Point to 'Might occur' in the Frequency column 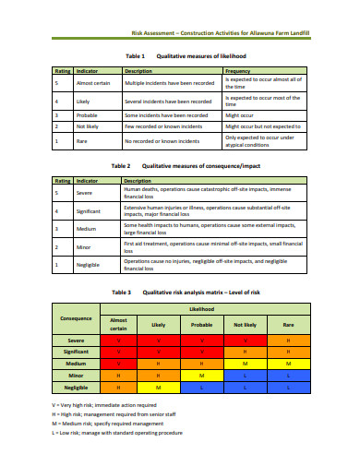click(241, 114)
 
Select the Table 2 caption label click(122, 166)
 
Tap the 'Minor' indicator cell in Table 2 click(84, 247)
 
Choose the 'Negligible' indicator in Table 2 click(89, 265)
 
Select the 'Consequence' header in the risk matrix click(76, 318)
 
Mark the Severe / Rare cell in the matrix click(287, 341)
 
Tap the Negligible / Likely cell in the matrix click(159, 388)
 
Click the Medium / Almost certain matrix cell click(117, 364)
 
